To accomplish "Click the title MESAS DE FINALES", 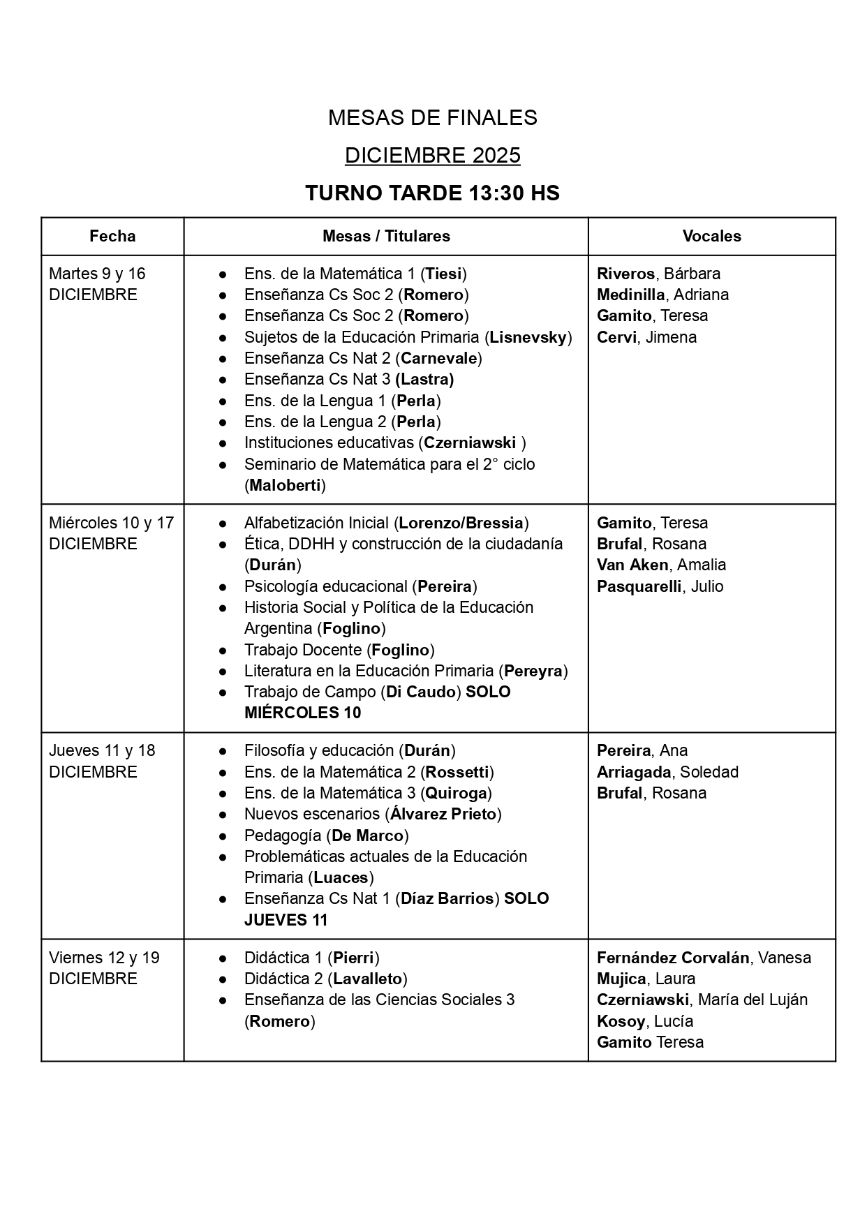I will (432, 118).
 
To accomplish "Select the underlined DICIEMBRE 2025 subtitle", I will (432, 155).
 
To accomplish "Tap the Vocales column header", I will (711, 236).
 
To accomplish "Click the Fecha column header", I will (112, 236).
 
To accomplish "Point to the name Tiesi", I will (444, 274).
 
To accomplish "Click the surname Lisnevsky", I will (528, 337).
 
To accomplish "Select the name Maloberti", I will (285, 485).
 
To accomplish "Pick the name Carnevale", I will (438, 358).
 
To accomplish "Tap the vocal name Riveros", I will (625, 274).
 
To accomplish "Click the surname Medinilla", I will (630, 295).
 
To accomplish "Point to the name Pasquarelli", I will (639, 586).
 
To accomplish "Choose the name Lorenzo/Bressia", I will (461, 523).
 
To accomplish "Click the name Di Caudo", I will (421, 692).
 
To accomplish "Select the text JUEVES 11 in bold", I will (286, 919).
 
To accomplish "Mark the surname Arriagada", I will (634, 772).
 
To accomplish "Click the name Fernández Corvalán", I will (673, 958).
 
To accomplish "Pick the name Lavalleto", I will (367, 979).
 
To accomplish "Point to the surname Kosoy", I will (621, 1021).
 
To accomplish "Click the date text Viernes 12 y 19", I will (104, 958).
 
